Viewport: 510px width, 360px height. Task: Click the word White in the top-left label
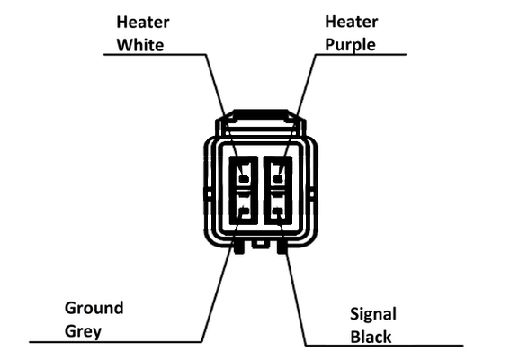coord(140,45)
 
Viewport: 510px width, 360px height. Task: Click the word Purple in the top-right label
coord(350,45)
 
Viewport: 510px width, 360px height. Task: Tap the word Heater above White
coord(143,22)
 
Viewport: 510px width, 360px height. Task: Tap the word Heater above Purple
coord(352,22)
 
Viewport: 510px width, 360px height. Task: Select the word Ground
coord(94,308)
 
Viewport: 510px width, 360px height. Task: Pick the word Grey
coord(83,331)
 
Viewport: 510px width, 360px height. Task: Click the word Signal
coord(373,314)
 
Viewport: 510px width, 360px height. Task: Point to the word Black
coord(371,337)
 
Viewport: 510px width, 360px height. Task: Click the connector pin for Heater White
coord(244,179)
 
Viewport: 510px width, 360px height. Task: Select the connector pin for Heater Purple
coord(277,179)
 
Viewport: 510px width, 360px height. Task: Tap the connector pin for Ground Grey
coord(244,211)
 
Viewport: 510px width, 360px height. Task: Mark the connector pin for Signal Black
coord(277,211)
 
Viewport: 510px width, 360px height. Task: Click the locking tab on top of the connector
coord(261,116)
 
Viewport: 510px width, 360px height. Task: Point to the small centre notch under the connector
coord(260,244)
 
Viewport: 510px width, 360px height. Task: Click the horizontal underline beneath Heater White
coord(155,54)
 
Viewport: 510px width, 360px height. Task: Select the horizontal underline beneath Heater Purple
coord(361,54)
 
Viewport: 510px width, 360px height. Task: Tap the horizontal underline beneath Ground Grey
coord(115,342)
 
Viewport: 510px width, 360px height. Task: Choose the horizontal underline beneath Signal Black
coord(384,345)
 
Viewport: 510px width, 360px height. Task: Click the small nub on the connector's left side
coord(209,194)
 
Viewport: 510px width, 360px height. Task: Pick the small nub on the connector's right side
coord(313,194)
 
